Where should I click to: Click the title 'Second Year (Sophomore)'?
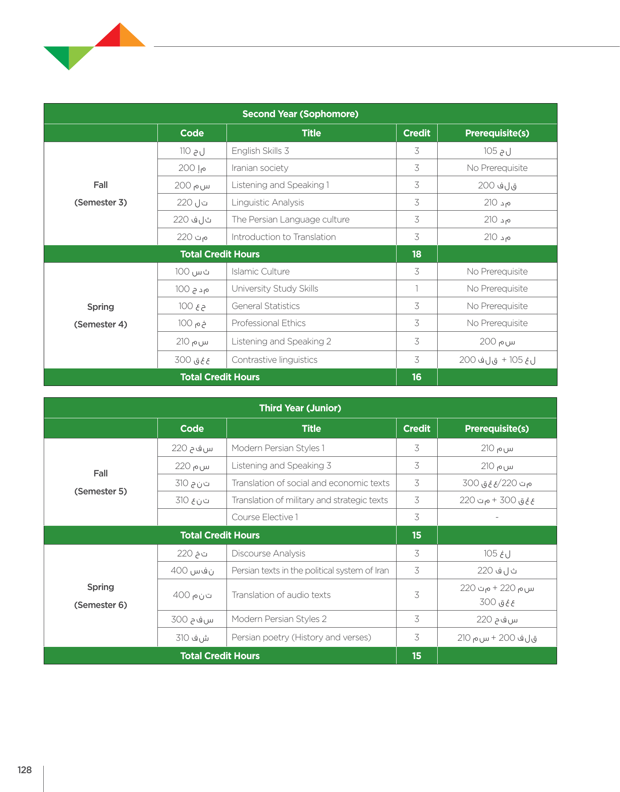tap(300, 114)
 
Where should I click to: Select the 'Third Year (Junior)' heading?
tap(300, 408)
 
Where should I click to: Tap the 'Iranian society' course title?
tap(260, 168)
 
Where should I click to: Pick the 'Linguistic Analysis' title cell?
tap(268, 202)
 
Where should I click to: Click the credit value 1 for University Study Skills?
tap(417, 288)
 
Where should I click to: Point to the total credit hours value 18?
tap(417, 254)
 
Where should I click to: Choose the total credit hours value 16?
tap(417, 377)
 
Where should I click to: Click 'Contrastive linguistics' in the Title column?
tap(275, 360)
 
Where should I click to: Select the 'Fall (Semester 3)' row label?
tap(101, 194)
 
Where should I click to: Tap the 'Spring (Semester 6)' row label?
tap(101, 596)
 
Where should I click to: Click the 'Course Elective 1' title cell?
tap(265, 517)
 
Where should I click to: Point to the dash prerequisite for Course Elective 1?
tap(497, 518)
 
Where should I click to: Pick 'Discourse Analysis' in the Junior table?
tap(268, 553)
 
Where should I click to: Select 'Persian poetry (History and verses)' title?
tap(301, 637)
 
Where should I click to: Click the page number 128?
tap(25, 770)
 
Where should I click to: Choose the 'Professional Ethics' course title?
tap(268, 323)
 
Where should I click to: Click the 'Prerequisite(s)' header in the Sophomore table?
tap(497, 133)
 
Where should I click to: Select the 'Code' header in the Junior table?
tap(192, 429)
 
